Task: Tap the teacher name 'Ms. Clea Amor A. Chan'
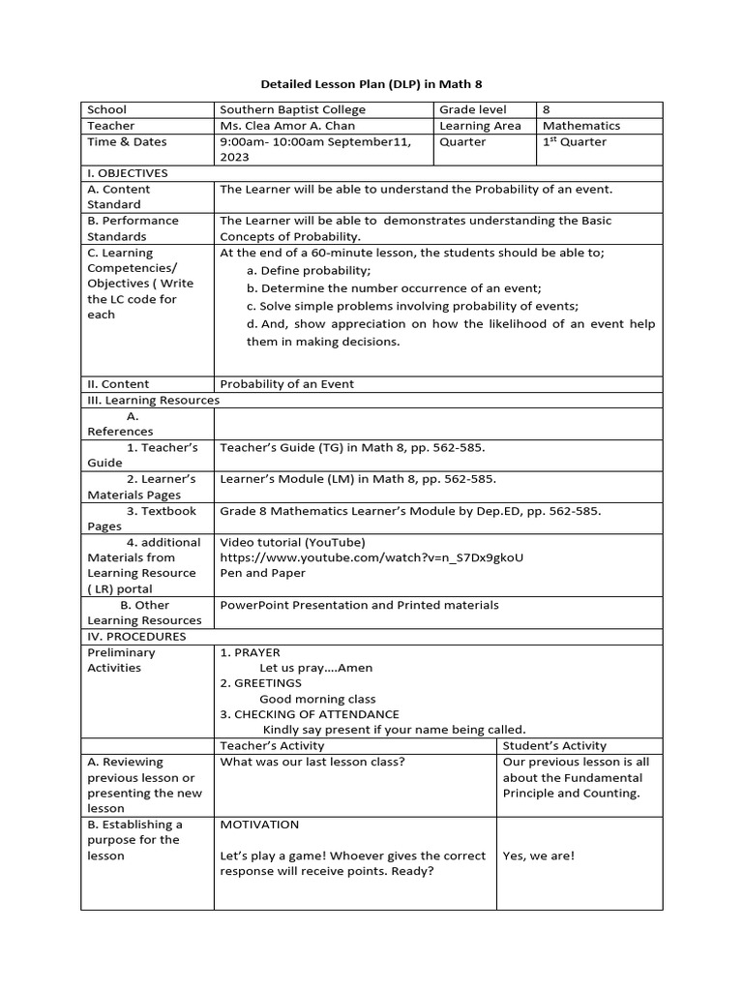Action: coord(287,126)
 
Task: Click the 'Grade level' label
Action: coord(472,110)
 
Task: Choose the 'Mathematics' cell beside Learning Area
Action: coord(581,126)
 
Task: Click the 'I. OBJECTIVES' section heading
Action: coord(128,173)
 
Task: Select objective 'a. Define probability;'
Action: coord(309,270)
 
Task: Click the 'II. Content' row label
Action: coord(118,384)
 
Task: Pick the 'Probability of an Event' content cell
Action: coord(287,384)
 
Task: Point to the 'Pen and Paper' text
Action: coord(262,573)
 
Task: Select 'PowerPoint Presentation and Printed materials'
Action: coord(359,605)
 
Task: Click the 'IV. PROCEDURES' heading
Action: coord(136,637)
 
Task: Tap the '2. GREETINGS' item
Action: coord(261,683)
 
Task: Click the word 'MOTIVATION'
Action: coord(259,825)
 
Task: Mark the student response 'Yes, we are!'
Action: coord(538,856)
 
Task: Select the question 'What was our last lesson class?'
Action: coord(312,762)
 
